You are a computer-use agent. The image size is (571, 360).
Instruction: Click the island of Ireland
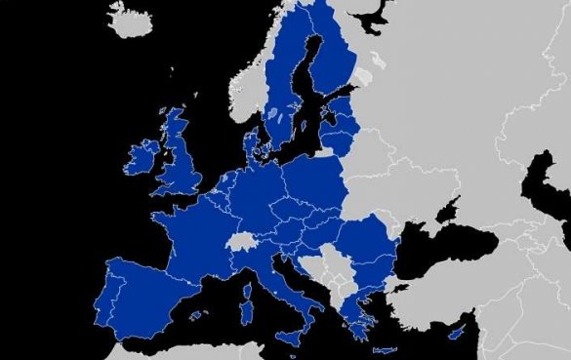pyautogui.click(x=142, y=156)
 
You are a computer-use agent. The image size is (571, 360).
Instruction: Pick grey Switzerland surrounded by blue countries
pyautogui.click(x=241, y=241)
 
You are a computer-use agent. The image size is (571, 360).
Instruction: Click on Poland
pyautogui.click(x=312, y=185)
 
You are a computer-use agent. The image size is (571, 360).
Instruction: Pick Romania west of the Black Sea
pyautogui.click(x=366, y=244)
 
